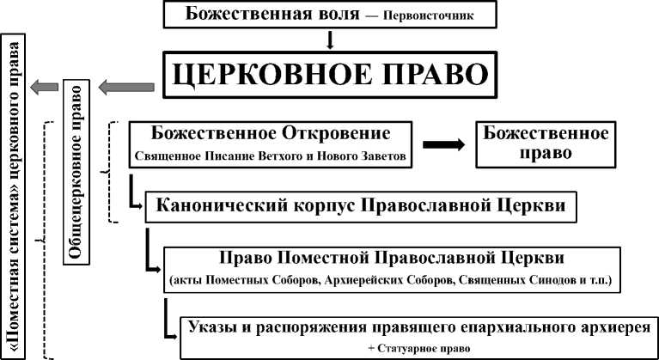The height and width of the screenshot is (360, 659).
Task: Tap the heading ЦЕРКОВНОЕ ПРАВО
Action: [331, 75]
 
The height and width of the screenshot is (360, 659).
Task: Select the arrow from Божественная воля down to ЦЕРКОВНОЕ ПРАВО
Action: [330, 40]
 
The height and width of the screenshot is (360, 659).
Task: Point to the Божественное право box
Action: [546, 144]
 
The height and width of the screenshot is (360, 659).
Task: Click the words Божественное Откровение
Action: [270, 135]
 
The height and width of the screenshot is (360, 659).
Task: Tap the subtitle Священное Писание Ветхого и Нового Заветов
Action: [270, 156]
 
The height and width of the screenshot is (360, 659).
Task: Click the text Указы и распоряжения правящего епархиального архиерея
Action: [418, 328]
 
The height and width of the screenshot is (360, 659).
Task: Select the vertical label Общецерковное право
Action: [76, 172]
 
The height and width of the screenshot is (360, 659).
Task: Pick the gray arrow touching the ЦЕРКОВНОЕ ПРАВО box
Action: [125, 85]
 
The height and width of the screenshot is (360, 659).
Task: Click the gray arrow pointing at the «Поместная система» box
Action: [45, 85]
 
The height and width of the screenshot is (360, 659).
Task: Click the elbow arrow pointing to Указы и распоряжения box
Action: [168, 319]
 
